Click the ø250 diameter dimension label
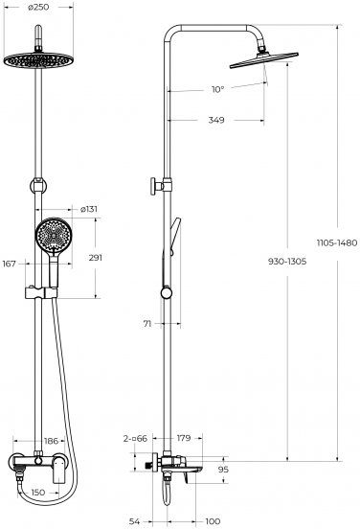pos(38,7)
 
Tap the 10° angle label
pos(217,89)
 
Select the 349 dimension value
pos(216,120)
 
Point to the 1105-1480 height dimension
pos(337,242)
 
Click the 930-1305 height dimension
pos(287,261)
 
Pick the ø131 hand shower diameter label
pos(89,209)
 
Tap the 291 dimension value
pos(96,258)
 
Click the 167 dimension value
pos(10,264)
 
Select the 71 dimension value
pos(147,324)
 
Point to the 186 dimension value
pos(51,441)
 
